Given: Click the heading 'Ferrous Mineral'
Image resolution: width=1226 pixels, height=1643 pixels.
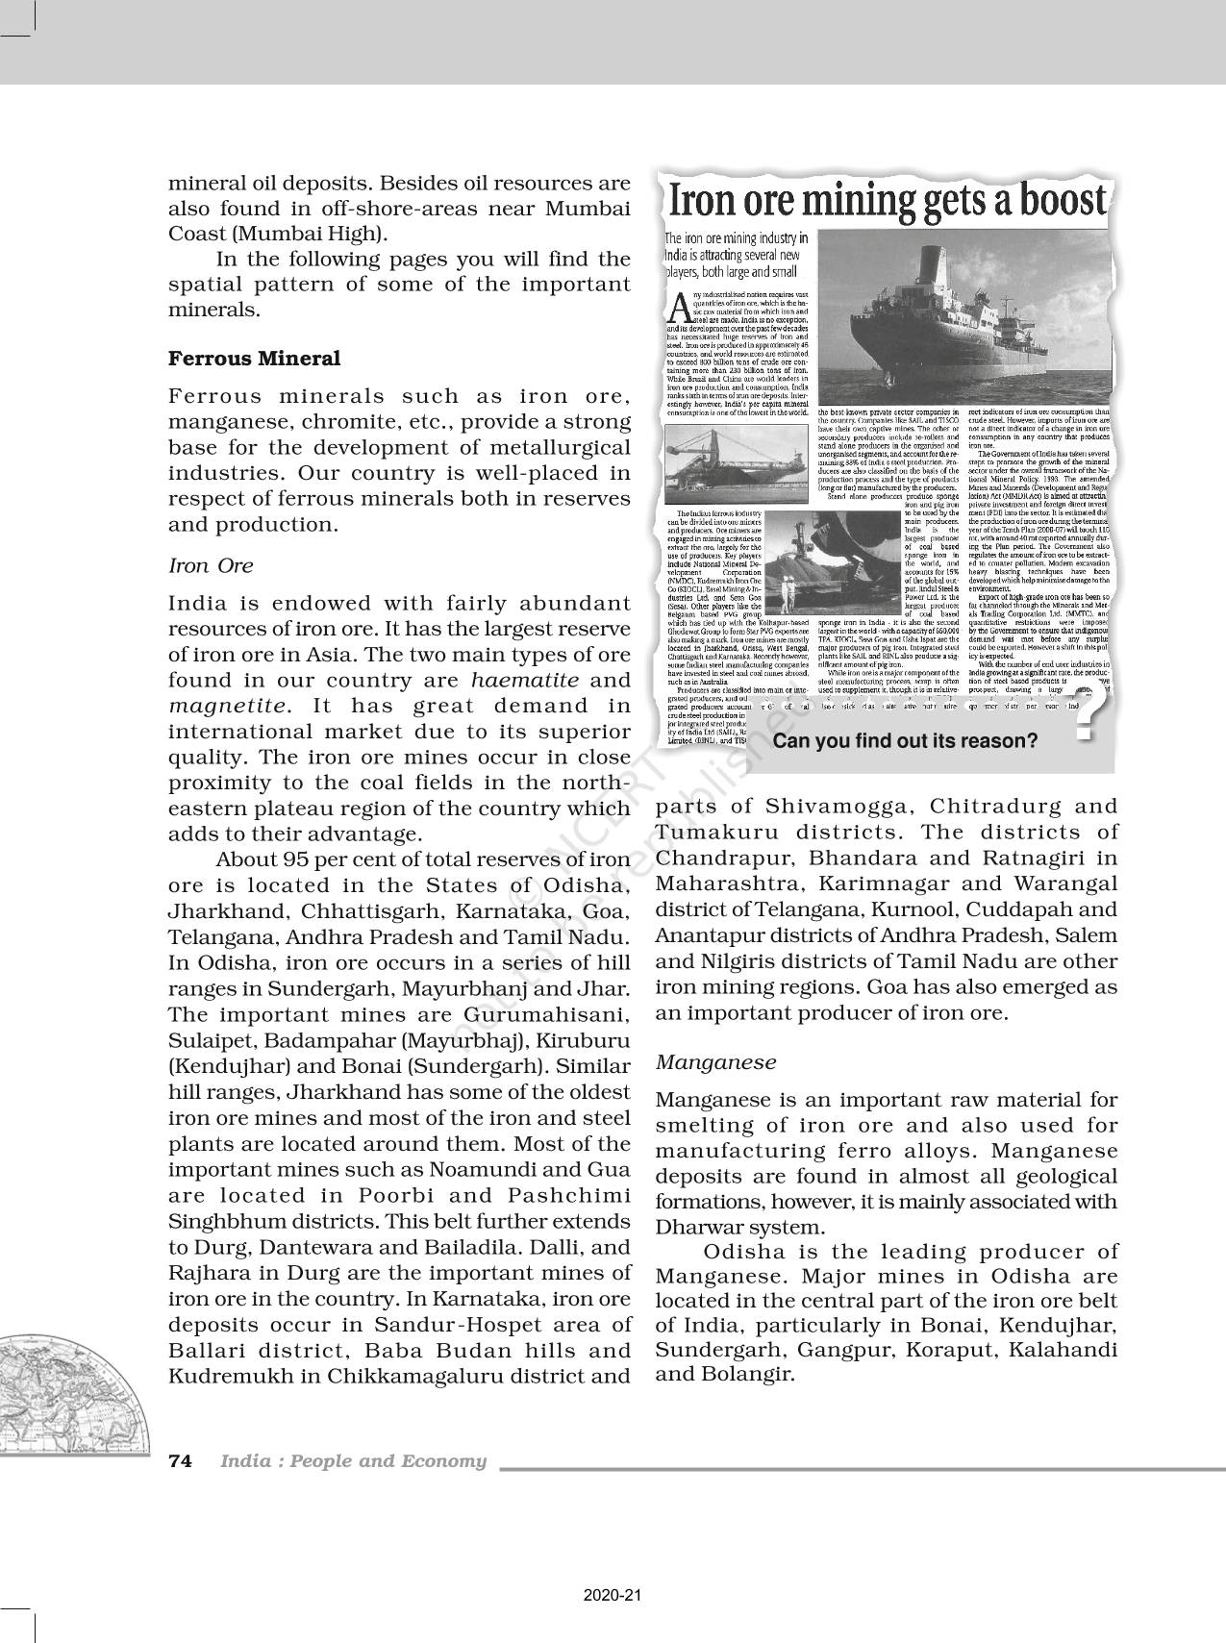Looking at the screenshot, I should pyautogui.click(x=254, y=359).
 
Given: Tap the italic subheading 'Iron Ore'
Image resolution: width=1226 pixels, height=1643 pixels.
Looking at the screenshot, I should pyautogui.click(x=211, y=565).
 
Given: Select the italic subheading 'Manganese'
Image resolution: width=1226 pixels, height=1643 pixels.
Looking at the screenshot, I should pyautogui.click(x=715, y=1062).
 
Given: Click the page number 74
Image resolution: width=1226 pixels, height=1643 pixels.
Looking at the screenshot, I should pyautogui.click(x=180, y=1461).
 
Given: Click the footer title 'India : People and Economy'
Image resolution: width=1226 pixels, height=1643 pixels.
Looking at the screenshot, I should pyautogui.click(x=353, y=1461).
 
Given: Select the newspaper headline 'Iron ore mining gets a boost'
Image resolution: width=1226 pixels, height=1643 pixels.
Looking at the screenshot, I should pyautogui.click(x=887, y=200).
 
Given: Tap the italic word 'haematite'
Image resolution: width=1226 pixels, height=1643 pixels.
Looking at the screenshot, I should pyautogui.click(x=525, y=680).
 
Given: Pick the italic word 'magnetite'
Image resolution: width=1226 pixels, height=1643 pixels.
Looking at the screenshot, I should pyautogui.click(x=227, y=706).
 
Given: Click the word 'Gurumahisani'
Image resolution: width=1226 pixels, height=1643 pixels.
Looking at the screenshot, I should pyautogui.click(x=546, y=1015).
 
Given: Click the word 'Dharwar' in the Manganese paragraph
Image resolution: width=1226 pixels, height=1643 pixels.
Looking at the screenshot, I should pyautogui.click(x=704, y=1228).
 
